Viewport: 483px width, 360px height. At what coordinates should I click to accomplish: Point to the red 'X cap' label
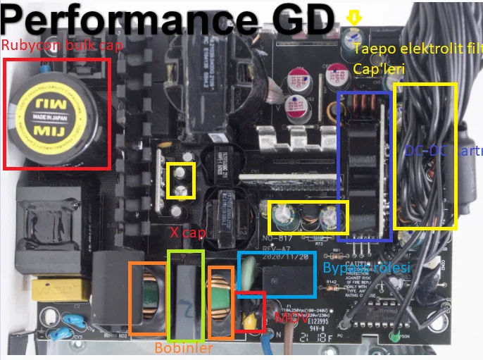[182, 232]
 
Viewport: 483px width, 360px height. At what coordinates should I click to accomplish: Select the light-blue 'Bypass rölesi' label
[366, 268]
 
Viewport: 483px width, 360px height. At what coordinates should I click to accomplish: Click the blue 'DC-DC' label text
[422, 151]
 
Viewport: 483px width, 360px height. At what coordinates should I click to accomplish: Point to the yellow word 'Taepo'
[370, 49]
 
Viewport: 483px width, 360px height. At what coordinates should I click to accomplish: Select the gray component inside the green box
[186, 293]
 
